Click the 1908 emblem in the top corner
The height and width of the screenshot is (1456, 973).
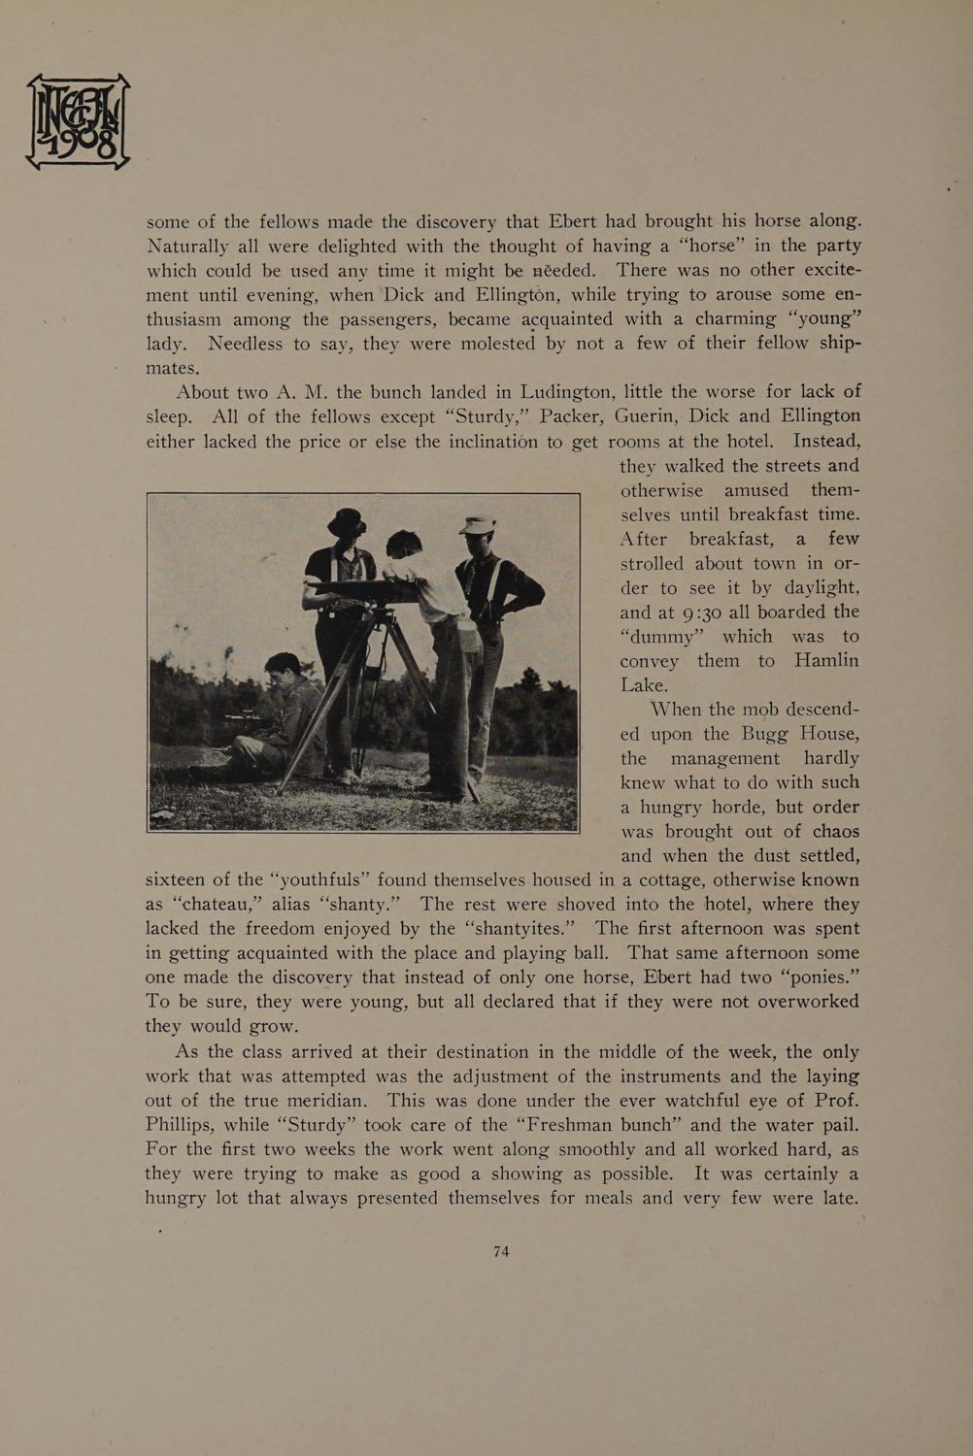78,122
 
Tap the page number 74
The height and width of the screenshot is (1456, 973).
501,1252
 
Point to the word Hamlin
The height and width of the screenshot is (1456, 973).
826,661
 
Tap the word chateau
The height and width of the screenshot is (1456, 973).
216,905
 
